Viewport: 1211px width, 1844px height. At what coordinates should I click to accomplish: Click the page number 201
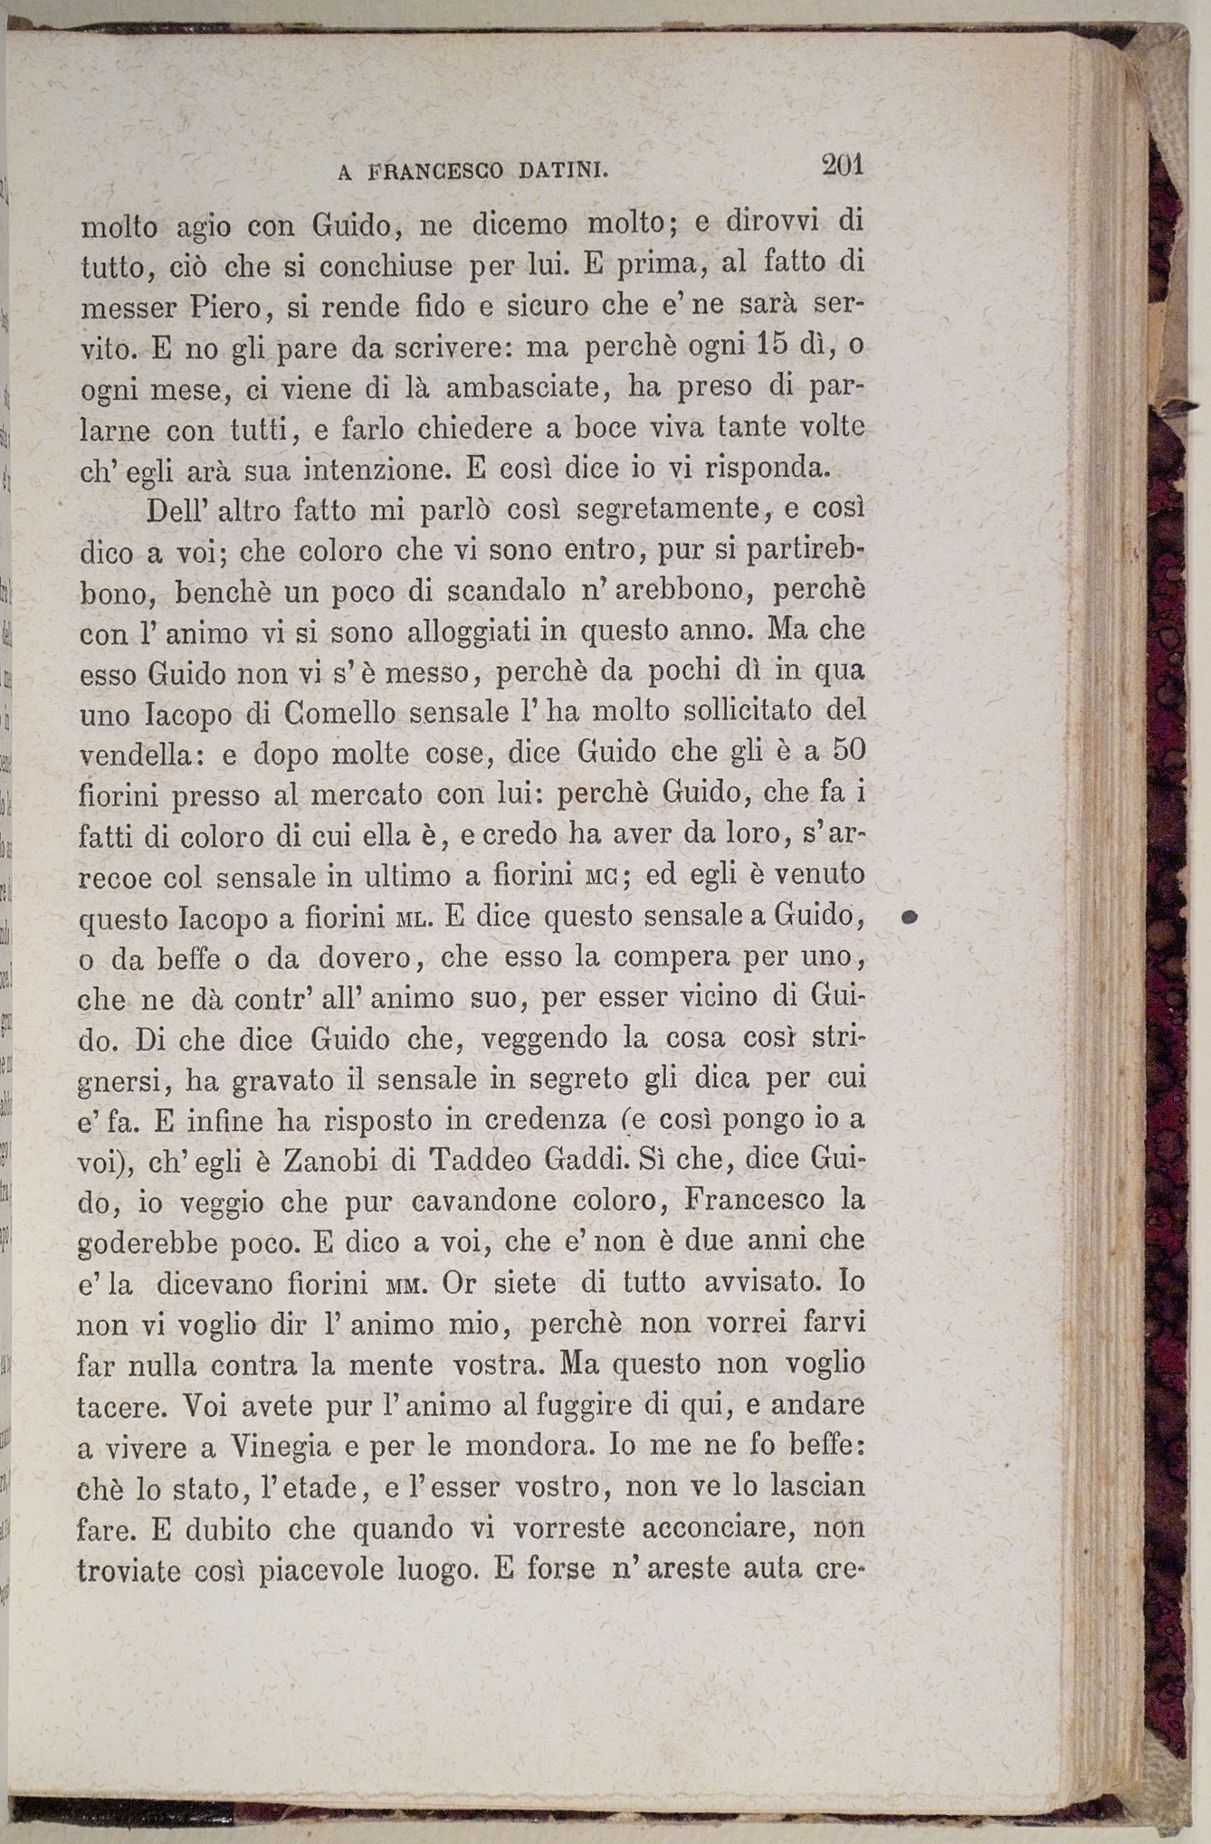(x=843, y=166)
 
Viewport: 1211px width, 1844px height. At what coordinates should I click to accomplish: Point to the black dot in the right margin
(x=911, y=917)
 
